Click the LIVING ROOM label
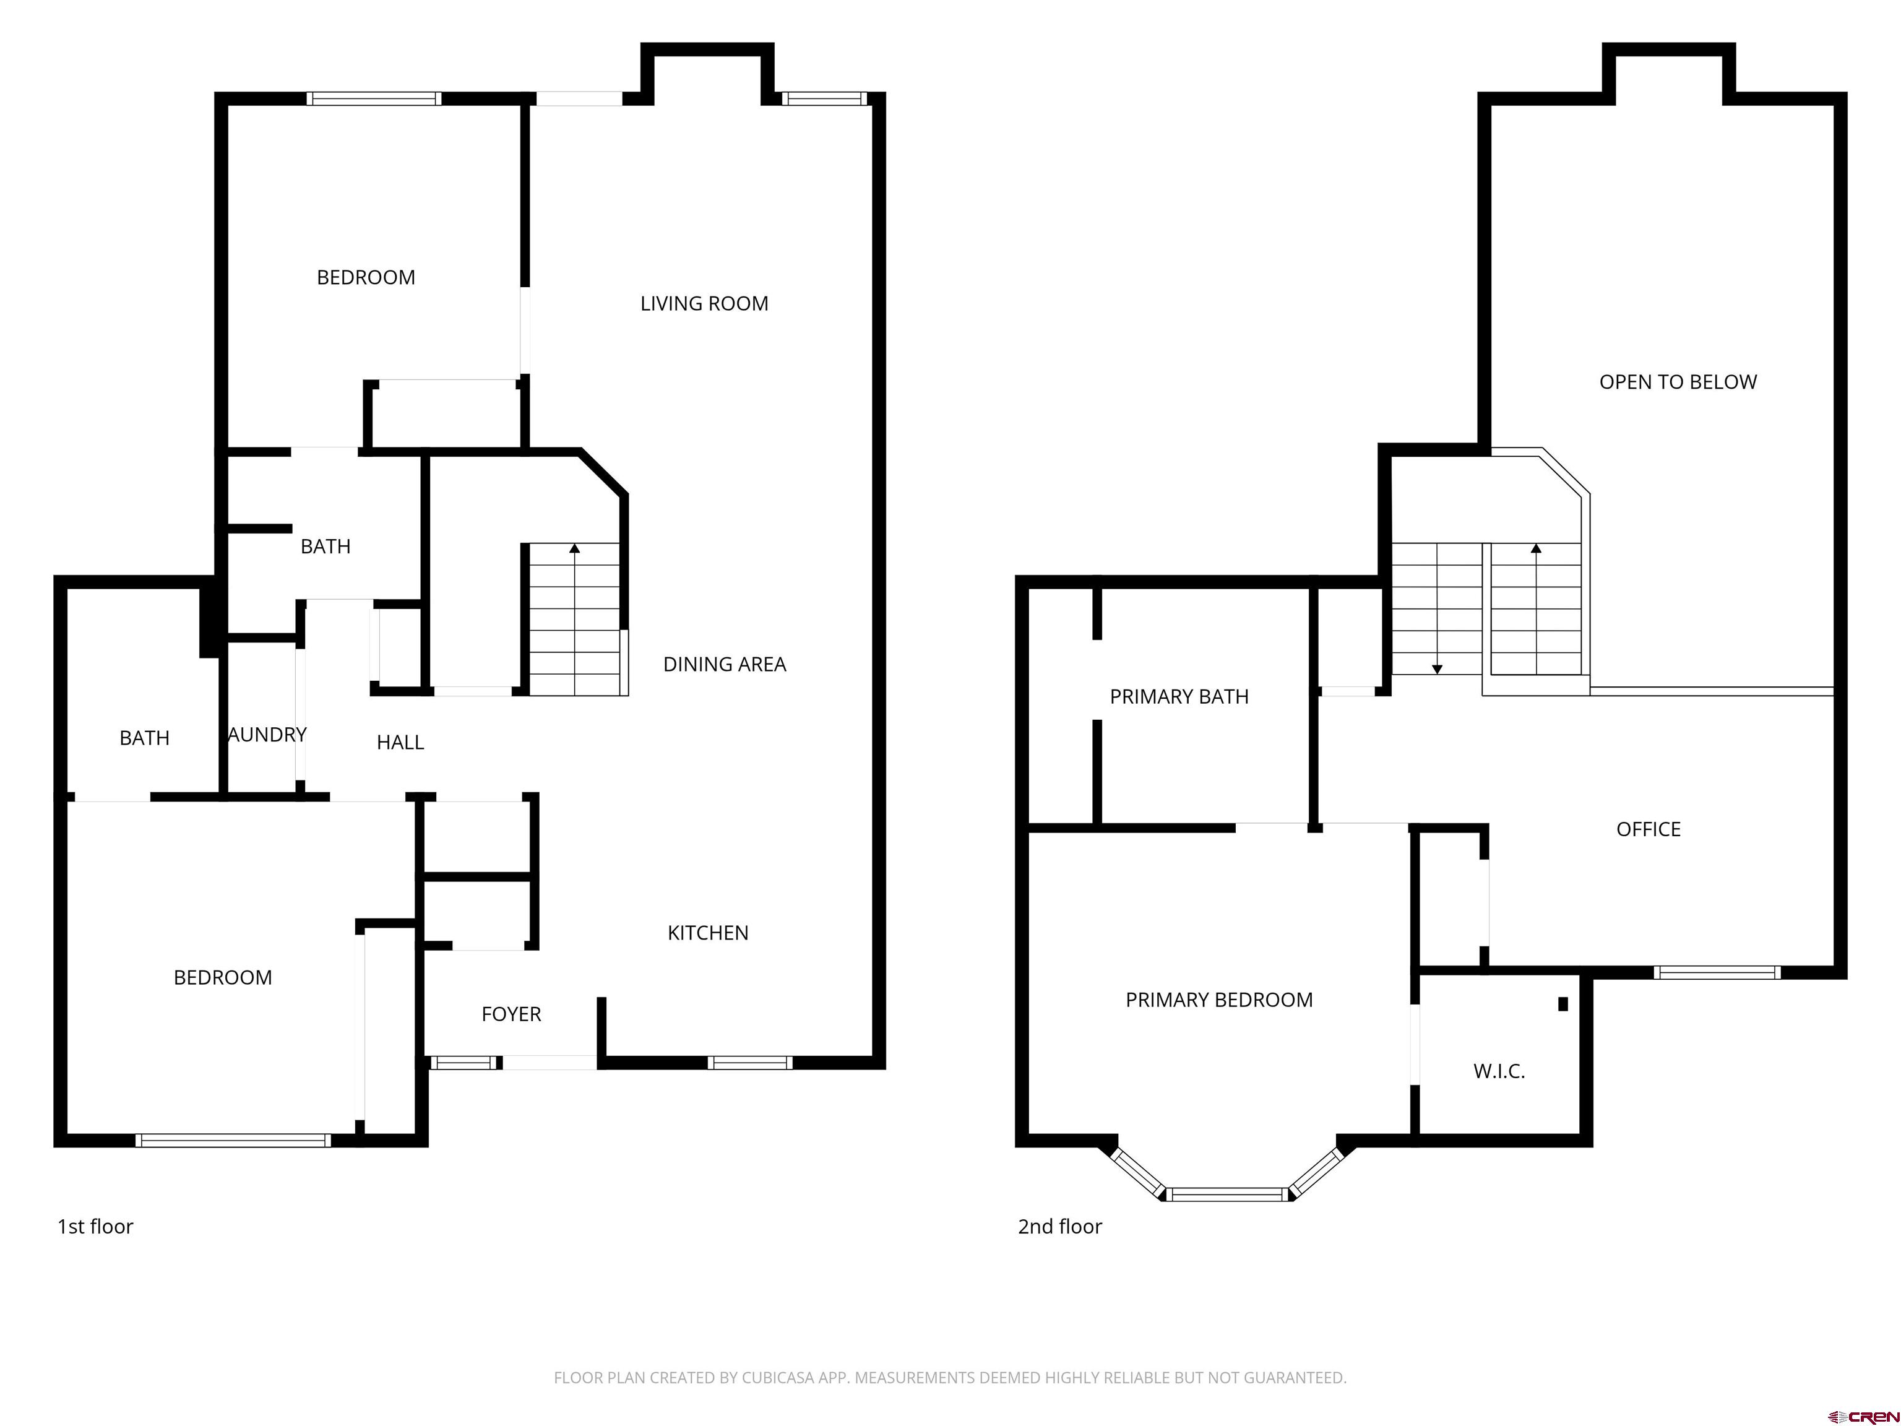[x=704, y=303]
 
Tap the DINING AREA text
[x=725, y=665]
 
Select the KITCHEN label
[x=708, y=933]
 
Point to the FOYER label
[x=511, y=1014]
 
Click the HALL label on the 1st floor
[x=400, y=743]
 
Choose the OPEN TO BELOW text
[x=1678, y=382]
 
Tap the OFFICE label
[x=1649, y=829]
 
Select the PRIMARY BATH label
[x=1179, y=697]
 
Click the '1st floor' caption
[x=95, y=1227]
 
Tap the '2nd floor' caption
[x=1059, y=1227]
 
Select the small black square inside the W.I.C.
[x=1563, y=1003]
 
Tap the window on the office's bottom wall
[x=1716, y=972]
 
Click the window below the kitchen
[x=749, y=1063]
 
